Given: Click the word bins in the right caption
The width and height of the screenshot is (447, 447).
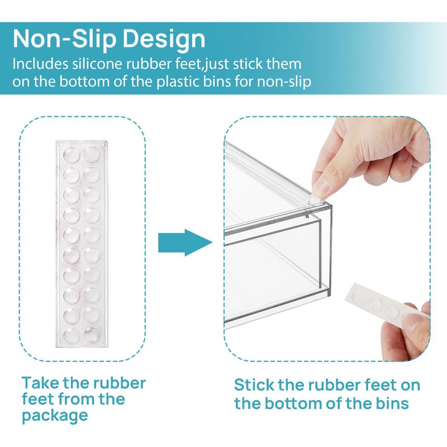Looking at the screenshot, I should [x=403, y=403].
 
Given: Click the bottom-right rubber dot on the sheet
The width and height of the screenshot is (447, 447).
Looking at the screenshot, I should [x=92, y=336].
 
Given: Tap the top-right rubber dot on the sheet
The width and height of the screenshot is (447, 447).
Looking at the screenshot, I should [x=92, y=154].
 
